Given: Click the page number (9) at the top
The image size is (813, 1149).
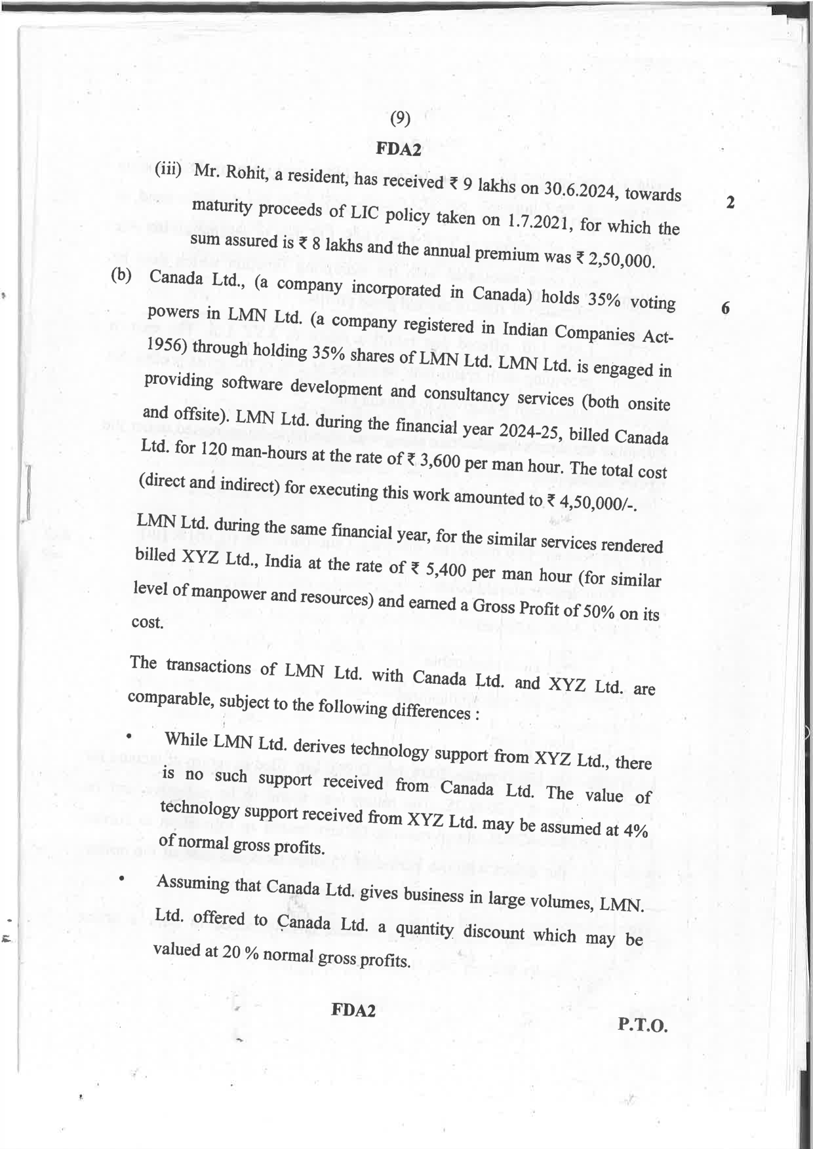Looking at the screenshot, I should coord(400,119).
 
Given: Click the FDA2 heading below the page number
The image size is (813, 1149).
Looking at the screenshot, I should coord(399,149).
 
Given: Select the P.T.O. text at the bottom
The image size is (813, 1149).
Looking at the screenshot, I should coord(642,1025).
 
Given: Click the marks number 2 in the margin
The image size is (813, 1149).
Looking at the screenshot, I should coord(730,202).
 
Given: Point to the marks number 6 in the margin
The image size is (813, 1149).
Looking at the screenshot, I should coord(725,309).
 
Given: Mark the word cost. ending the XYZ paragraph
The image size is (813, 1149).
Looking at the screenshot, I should coord(148,622).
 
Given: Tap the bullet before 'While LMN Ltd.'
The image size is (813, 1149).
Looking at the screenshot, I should coord(129,736).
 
